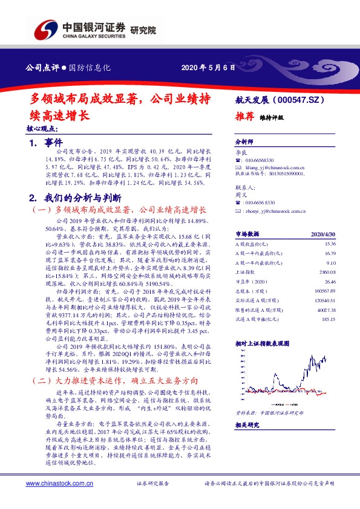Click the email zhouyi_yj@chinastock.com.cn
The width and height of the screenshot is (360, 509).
[273, 211]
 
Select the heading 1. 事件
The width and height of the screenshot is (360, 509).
[45, 143]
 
